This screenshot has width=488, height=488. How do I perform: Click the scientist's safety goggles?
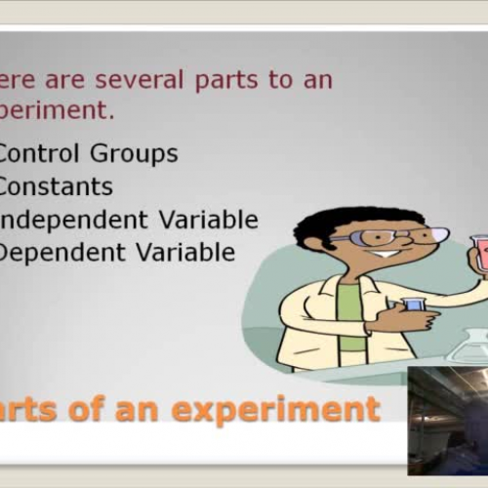point(381,236)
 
